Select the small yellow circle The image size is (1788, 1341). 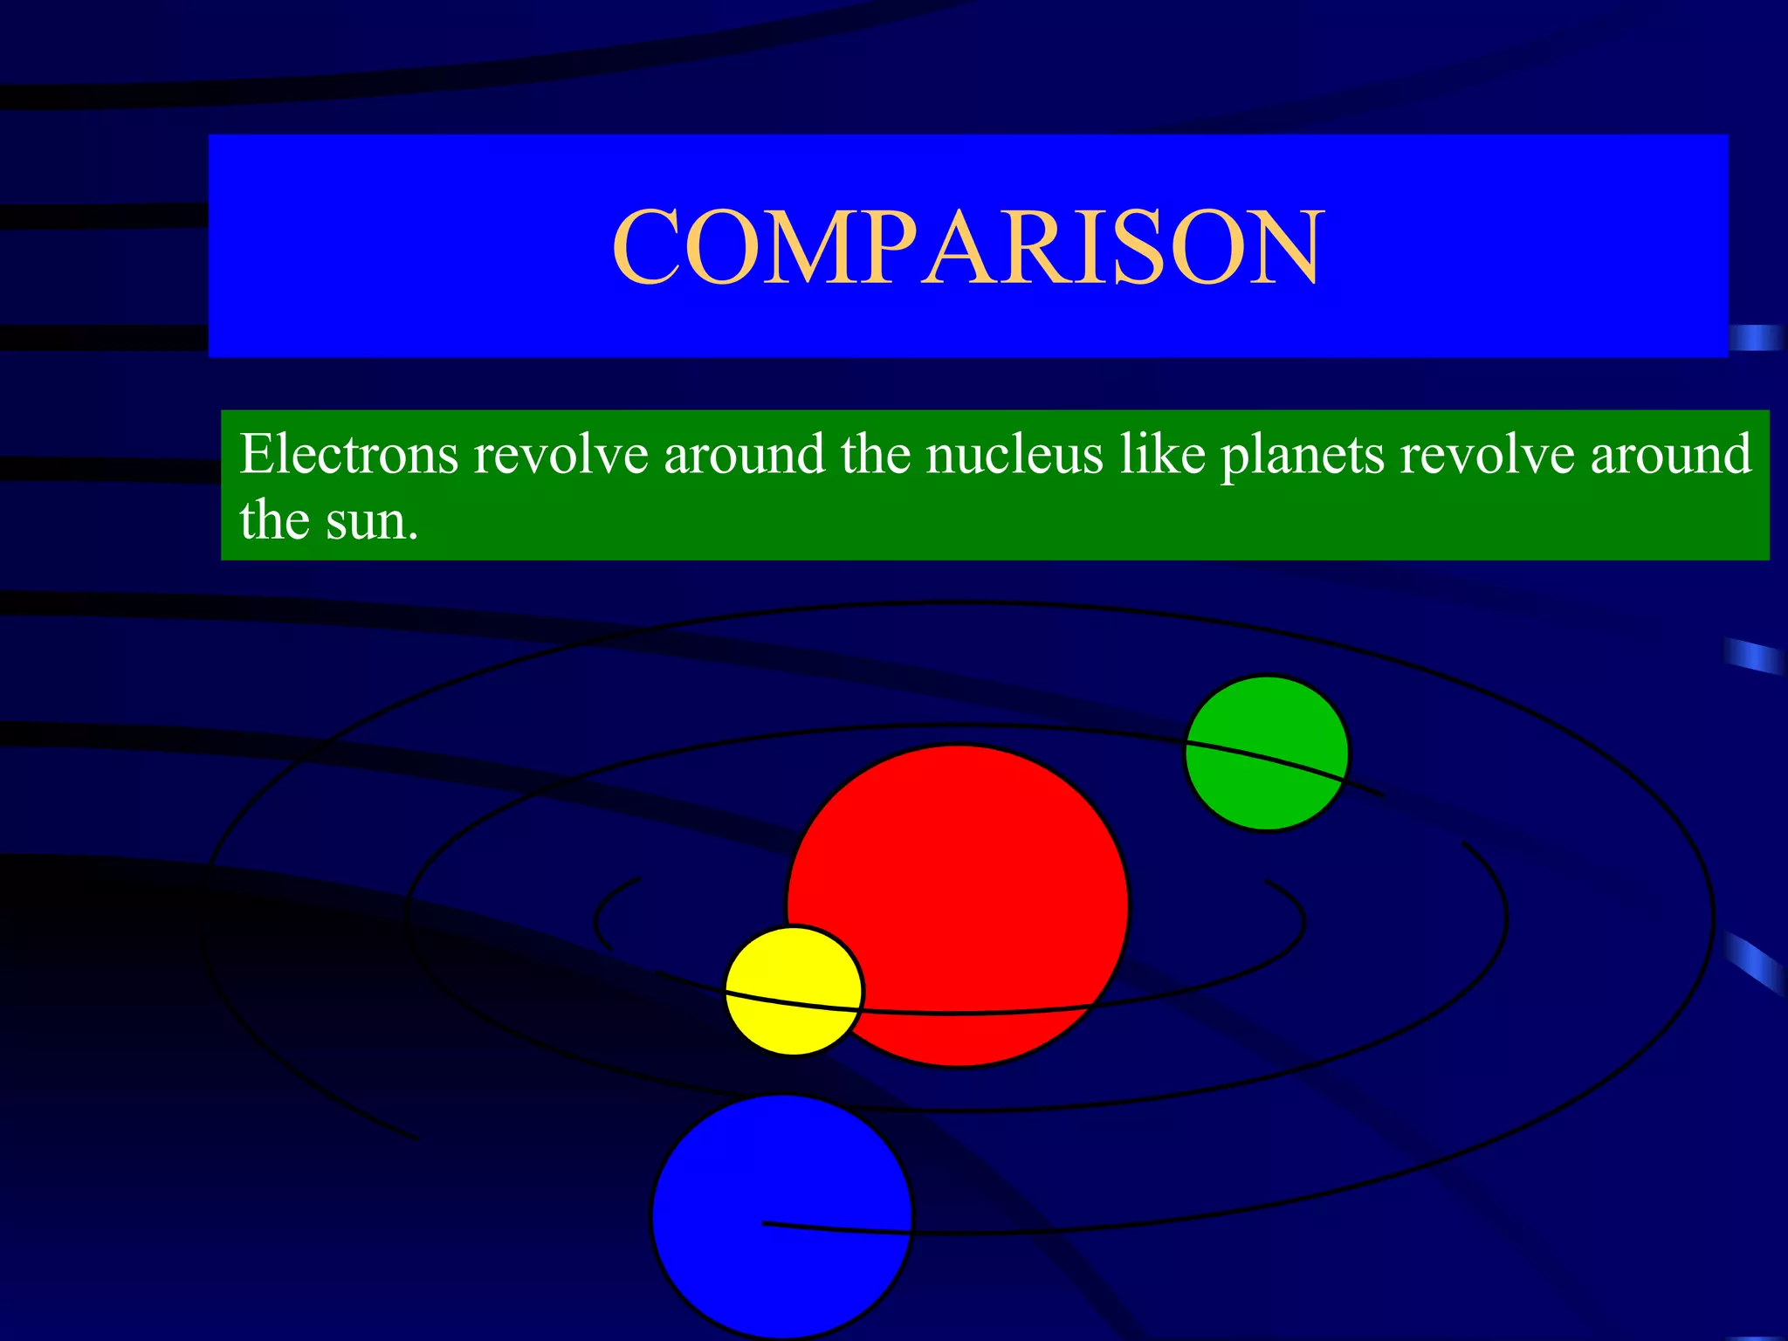(793, 990)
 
